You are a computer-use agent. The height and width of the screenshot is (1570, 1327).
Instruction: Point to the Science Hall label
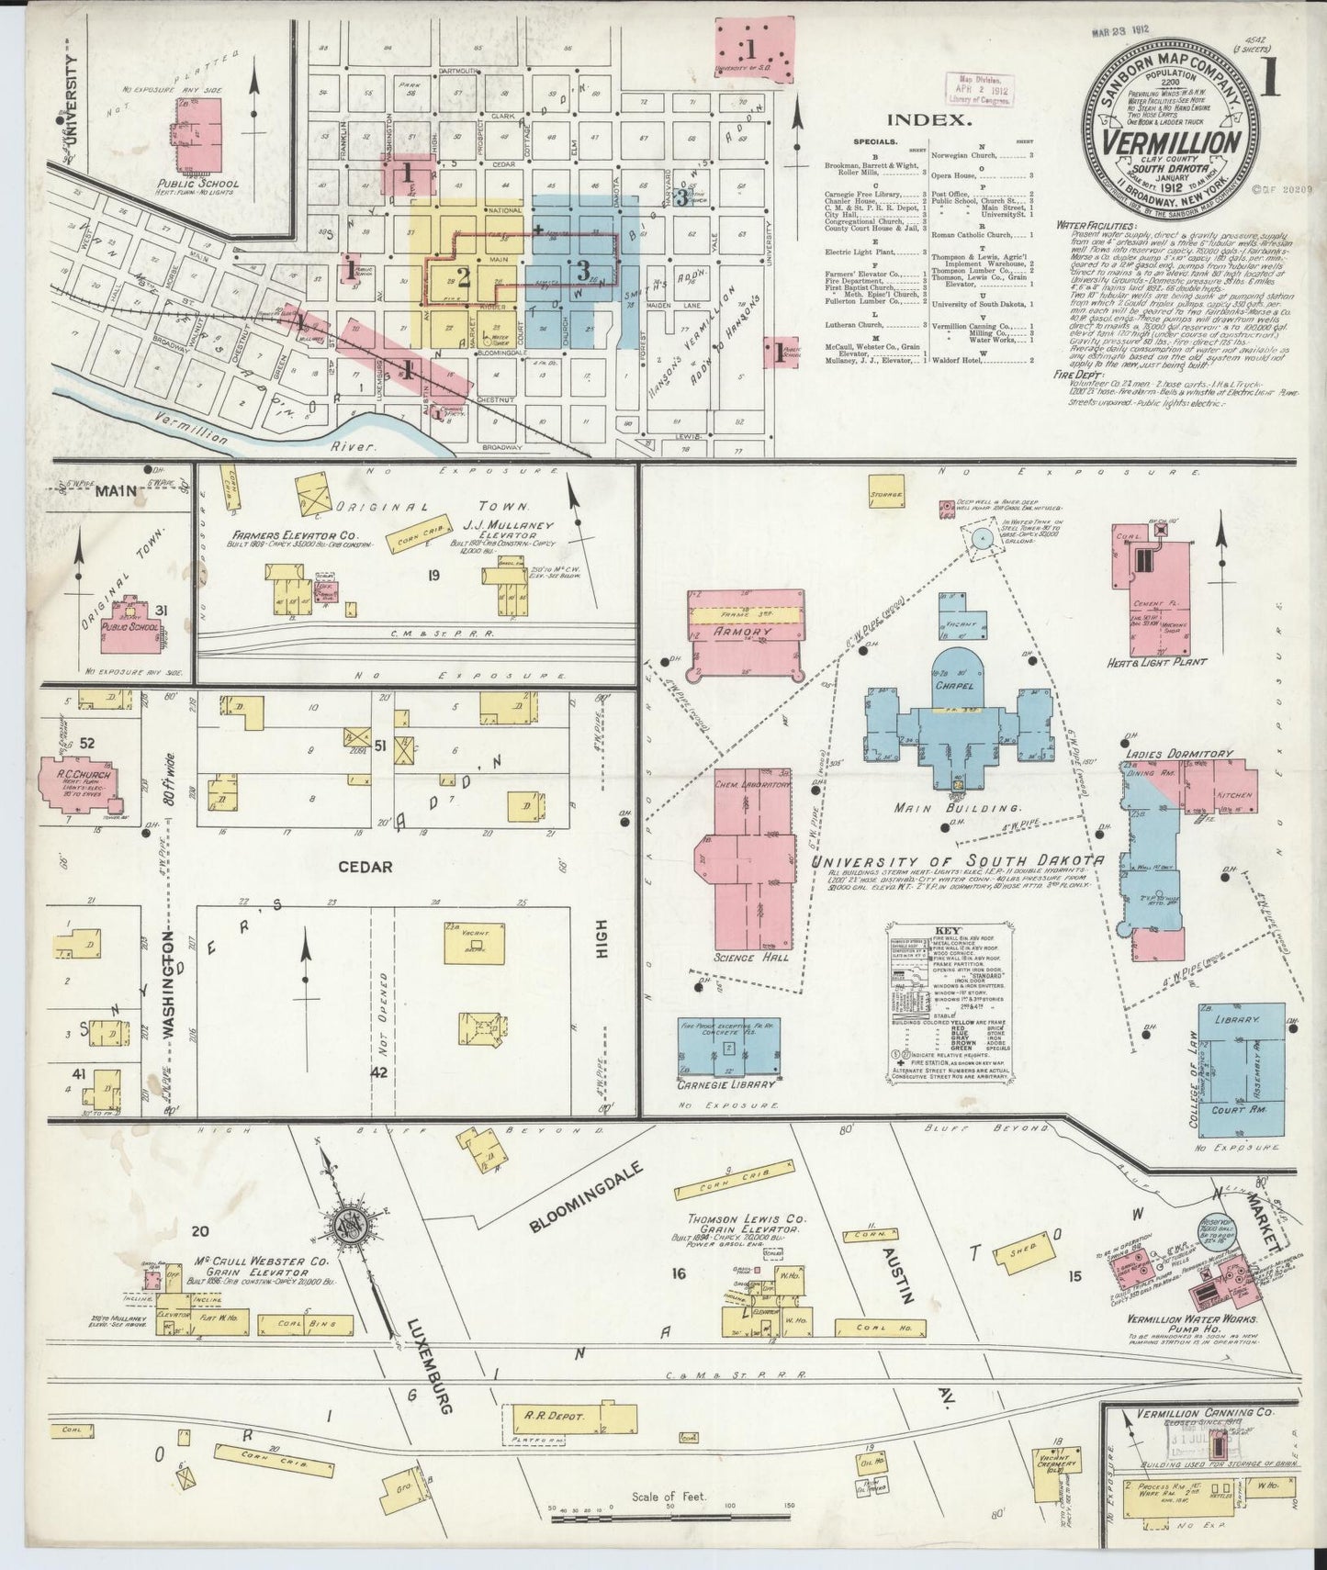(x=745, y=958)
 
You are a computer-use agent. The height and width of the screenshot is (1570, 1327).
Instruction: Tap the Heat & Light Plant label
(x=1156, y=661)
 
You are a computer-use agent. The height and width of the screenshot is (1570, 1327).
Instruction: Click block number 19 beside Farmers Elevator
(x=433, y=576)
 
